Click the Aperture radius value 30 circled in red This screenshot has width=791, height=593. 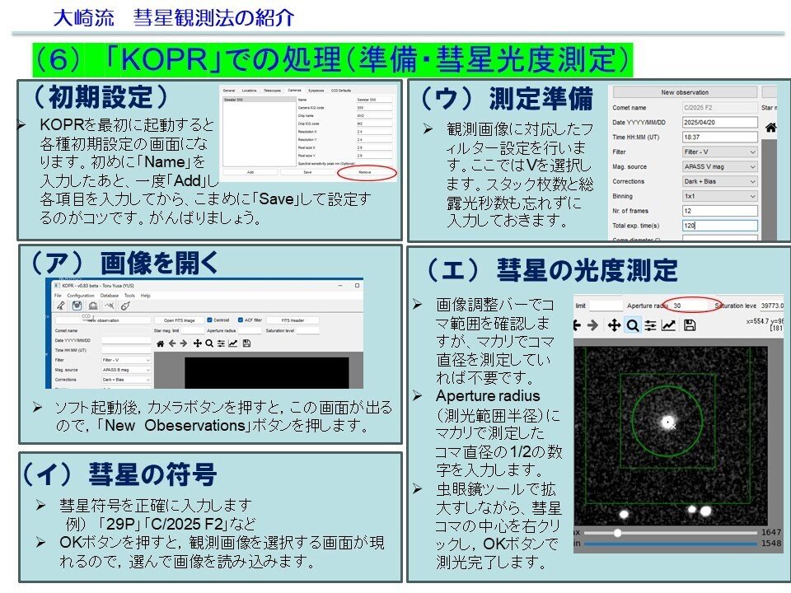tap(686, 305)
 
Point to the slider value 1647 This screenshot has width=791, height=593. tap(770, 533)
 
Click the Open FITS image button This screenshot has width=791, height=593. tap(179, 320)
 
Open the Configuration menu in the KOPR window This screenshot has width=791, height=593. tap(80, 295)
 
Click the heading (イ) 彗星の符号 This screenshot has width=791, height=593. tap(121, 474)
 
